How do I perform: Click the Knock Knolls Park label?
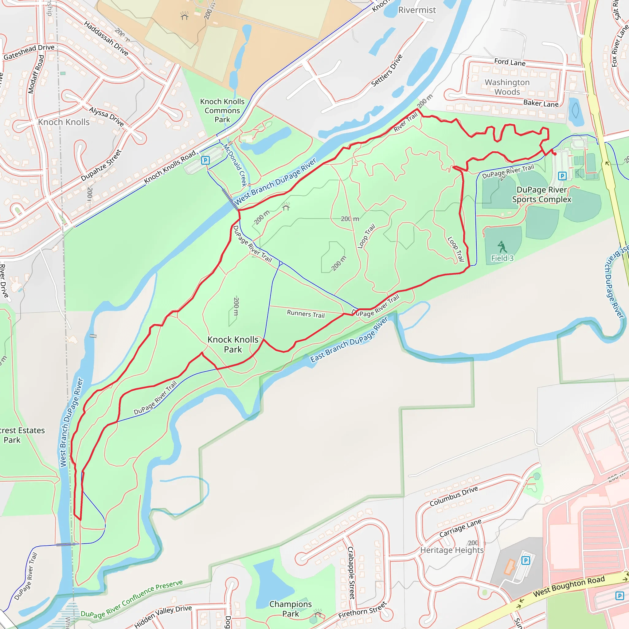pos(233,345)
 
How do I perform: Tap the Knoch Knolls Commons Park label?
pos(222,111)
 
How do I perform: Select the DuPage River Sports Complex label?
pos(541,194)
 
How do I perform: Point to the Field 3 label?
pos(502,258)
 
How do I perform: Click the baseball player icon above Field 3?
pos(502,247)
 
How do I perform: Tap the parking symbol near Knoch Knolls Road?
pos(205,160)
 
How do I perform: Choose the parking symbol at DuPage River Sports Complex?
pos(562,176)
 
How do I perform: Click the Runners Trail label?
pos(306,314)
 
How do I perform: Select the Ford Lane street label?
pos(510,62)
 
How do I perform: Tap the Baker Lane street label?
pos(541,103)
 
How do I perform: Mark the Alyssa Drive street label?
pos(106,116)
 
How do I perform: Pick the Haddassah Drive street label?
pos(106,38)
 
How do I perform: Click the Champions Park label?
pos(291,609)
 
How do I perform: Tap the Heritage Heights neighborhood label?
pos(452,550)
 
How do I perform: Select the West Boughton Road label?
pos(568,586)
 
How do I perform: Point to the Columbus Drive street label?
pos(454,496)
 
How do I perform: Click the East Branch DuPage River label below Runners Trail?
pos(349,339)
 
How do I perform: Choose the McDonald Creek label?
pos(235,165)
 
